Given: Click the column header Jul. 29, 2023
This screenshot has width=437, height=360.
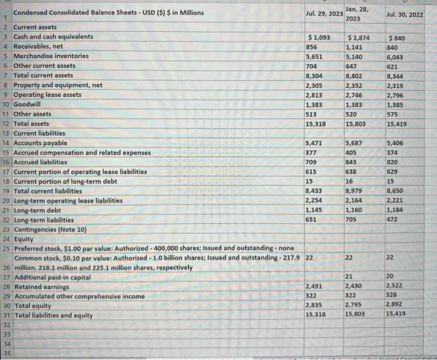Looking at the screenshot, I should [324, 13].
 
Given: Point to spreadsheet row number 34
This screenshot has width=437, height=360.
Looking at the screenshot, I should [6, 343].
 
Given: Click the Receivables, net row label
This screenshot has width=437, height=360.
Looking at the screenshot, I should [42, 46].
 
